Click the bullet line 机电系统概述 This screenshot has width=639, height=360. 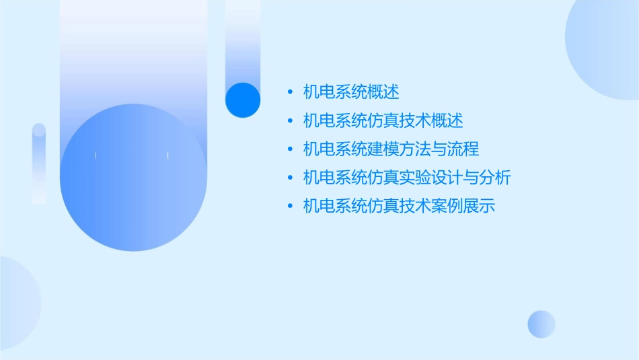click(351, 92)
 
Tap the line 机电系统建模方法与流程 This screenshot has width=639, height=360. click(391, 149)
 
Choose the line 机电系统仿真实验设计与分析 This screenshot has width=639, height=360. click(407, 178)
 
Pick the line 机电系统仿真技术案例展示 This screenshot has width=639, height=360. click(399, 207)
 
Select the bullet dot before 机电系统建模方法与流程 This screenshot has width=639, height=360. click(289, 149)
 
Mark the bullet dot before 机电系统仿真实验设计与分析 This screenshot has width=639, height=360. click(289, 178)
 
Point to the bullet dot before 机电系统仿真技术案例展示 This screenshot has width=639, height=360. click(289, 207)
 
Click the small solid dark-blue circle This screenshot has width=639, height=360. click(243, 100)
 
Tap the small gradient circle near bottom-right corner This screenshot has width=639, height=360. click(541, 324)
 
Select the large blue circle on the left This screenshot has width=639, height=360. click(133, 178)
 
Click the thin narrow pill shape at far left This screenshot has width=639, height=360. click(39, 164)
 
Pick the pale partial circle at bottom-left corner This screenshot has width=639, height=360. click(17, 303)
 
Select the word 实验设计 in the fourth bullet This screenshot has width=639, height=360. click(431, 178)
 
